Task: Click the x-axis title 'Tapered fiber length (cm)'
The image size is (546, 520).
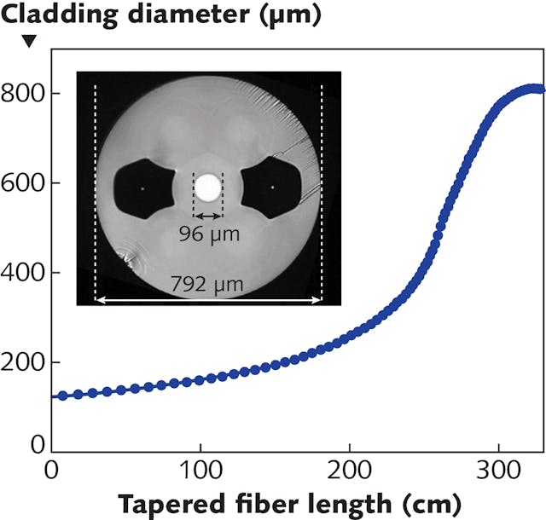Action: pos(289,504)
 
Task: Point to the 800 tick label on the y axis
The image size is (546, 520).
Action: pos(25,93)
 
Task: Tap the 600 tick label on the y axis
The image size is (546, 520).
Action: pos(25,183)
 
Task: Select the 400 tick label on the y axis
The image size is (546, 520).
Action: pos(25,273)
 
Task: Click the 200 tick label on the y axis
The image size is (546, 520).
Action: pos(25,363)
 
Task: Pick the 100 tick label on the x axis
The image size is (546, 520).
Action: pos(200,471)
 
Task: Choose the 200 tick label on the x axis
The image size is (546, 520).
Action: pos(350,471)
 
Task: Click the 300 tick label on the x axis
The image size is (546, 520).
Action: pos(498,471)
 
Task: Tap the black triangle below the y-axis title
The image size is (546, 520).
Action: pos(29,41)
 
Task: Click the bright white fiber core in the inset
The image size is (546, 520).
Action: pos(207,187)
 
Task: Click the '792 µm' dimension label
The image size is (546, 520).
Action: pos(208,284)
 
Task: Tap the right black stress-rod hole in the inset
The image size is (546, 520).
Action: pos(272,188)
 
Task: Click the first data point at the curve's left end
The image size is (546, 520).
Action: pos(55,396)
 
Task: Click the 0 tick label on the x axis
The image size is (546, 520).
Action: pos(52,471)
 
